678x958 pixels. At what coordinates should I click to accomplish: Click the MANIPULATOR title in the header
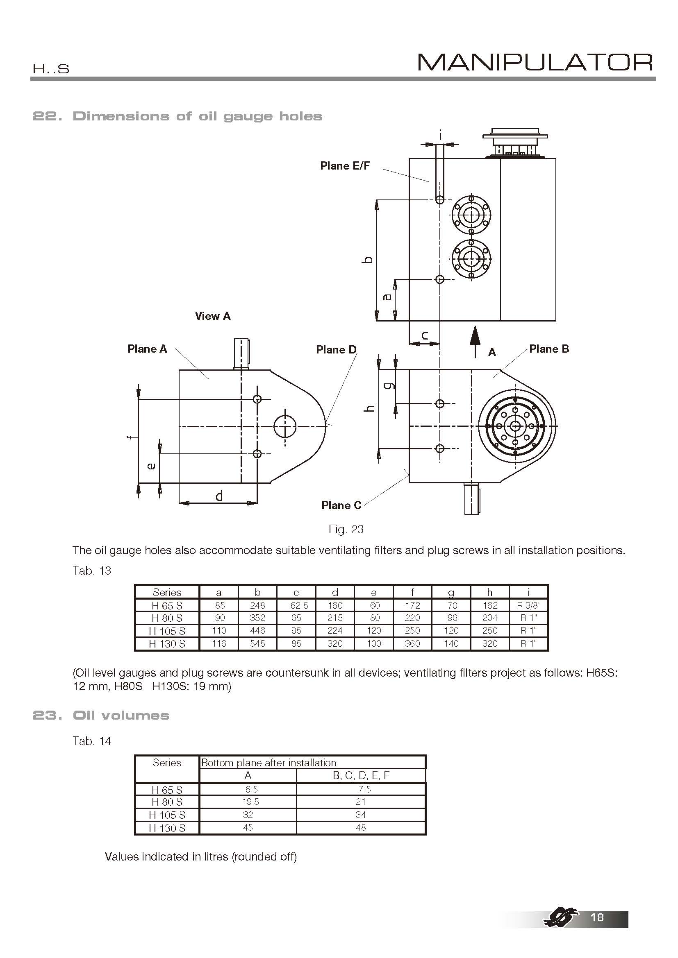pyautogui.click(x=535, y=63)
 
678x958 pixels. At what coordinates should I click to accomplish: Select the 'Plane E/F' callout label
pyautogui.click(x=345, y=166)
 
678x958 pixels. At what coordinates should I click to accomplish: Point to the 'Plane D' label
pyautogui.click(x=336, y=350)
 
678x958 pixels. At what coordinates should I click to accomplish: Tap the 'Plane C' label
pyautogui.click(x=341, y=505)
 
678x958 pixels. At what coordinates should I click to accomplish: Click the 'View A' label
pyautogui.click(x=212, y=316)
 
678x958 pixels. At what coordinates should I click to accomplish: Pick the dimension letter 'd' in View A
pyautogui.click(x=219, y=496)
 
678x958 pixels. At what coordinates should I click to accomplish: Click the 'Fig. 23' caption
pyautogui.click(x=346, y=530)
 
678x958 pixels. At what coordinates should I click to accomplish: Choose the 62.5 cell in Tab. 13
pyautogui.click(x=296, y=605)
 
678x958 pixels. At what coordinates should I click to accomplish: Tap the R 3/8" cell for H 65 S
pyautogui.click(x=528, y=605)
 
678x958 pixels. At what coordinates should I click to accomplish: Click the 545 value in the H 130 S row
pyautogui.click(x=257, y=644)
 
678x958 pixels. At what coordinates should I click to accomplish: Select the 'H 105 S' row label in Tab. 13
pyautogui.click(x=167, y=631)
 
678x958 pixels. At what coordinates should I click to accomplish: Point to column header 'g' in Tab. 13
pyautogui.click(x=451, y=593)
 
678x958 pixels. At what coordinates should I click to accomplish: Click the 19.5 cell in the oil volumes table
pyautogui.click(x=248, y=802)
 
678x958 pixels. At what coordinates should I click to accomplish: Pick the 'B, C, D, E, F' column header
pyautogui.click(x=361, y=775)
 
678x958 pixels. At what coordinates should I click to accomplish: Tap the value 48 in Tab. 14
pyautogui.click(x=361, y=827)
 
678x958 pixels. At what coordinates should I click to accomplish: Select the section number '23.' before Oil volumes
pyautogui.click(x=47, y=716)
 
